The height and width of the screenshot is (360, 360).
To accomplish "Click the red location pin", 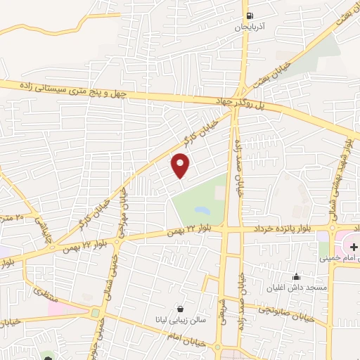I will [x=181, y=165].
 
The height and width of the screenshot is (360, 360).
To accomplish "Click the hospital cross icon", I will [x=354, y=247].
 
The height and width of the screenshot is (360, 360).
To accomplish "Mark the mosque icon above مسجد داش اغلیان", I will [x=296, y=276].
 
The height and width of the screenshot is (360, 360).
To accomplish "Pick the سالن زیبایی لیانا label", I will [x=181, y=320].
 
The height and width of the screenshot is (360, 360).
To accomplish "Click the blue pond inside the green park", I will [x=201, y=210].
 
